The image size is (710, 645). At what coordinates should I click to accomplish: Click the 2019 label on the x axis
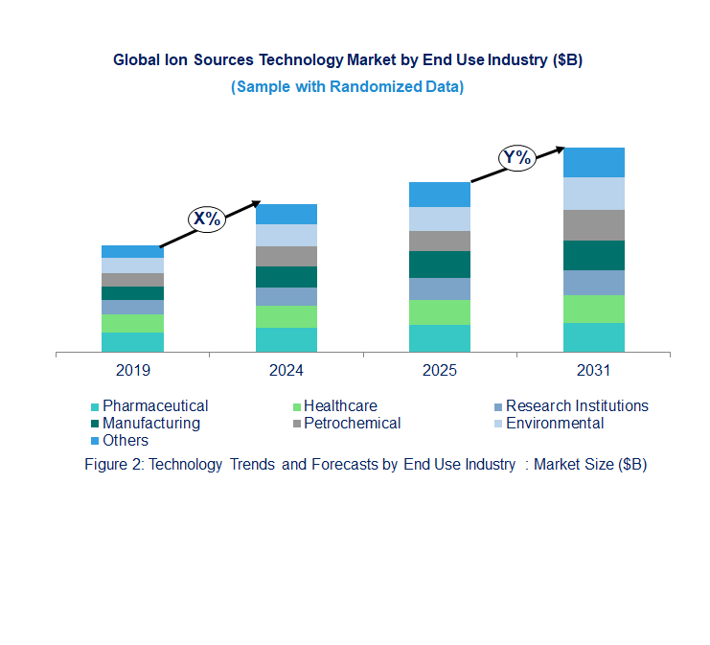coord(132,370)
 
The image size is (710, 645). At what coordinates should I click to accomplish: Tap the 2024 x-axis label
coord(286,370)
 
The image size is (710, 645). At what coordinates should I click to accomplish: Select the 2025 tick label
coord(440,370)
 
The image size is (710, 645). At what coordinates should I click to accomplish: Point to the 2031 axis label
coord(593,370)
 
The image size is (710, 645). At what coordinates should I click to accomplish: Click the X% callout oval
coord(206,219)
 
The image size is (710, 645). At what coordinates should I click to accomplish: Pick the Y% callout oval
coord(516,157)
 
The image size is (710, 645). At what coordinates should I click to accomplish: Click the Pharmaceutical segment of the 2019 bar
coord(132,342)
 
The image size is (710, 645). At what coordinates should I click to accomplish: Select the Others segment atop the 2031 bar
coord(593,162)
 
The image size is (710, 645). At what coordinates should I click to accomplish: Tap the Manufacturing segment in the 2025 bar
coord(440,265)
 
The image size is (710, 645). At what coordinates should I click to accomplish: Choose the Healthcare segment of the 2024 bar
coord(286,316)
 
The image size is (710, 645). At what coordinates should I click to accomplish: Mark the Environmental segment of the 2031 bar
coord(593,194)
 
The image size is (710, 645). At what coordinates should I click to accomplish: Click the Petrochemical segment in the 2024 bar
coord(286,256)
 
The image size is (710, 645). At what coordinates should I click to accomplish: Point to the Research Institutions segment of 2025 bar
coord(440,288)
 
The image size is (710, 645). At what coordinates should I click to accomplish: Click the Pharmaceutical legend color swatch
coord(95,407)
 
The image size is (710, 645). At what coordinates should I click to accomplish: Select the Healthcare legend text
coord(340,406)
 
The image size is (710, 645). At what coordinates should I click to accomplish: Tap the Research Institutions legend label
coord(577,406)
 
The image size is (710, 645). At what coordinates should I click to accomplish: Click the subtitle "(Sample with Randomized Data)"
coord(347,86)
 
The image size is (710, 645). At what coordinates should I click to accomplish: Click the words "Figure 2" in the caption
coord(114,465)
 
